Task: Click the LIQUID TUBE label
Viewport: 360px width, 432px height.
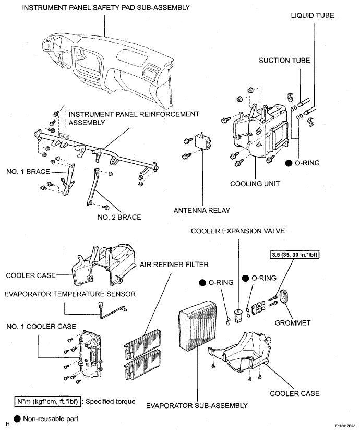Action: coord(313,15)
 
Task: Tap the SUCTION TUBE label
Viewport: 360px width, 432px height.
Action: coord(284,61)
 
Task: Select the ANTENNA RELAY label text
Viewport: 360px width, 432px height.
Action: coord(201,210)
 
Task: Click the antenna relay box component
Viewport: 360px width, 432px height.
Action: coord(203,141)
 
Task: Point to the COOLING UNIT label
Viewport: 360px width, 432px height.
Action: coord(255,184)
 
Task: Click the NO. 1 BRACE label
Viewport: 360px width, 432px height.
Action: coord(28,172)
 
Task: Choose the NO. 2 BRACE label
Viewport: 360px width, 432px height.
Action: coord(119,217)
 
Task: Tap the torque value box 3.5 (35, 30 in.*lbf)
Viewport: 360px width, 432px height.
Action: coord(295,255)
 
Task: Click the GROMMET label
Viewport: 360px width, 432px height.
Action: coord(293,322)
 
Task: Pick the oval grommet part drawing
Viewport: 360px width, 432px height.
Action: coord(284,297)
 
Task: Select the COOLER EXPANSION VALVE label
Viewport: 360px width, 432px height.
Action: coord(238,231)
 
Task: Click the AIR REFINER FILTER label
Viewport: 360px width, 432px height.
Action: coord(174,265)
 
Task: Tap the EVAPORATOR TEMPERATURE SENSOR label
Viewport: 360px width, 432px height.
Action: coord(70,294)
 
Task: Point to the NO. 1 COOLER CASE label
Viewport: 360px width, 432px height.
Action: coord(41,327)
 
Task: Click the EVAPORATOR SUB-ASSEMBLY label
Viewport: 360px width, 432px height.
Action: coord(197,406)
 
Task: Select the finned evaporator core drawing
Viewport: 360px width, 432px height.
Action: coord(198,327)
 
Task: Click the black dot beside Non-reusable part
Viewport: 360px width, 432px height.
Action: coord(17,419)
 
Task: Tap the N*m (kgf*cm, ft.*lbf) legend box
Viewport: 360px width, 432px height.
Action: coord(47,402)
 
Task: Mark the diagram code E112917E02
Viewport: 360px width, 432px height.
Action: coord(345,425)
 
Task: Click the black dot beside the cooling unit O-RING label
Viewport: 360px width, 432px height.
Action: coord(289,163)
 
